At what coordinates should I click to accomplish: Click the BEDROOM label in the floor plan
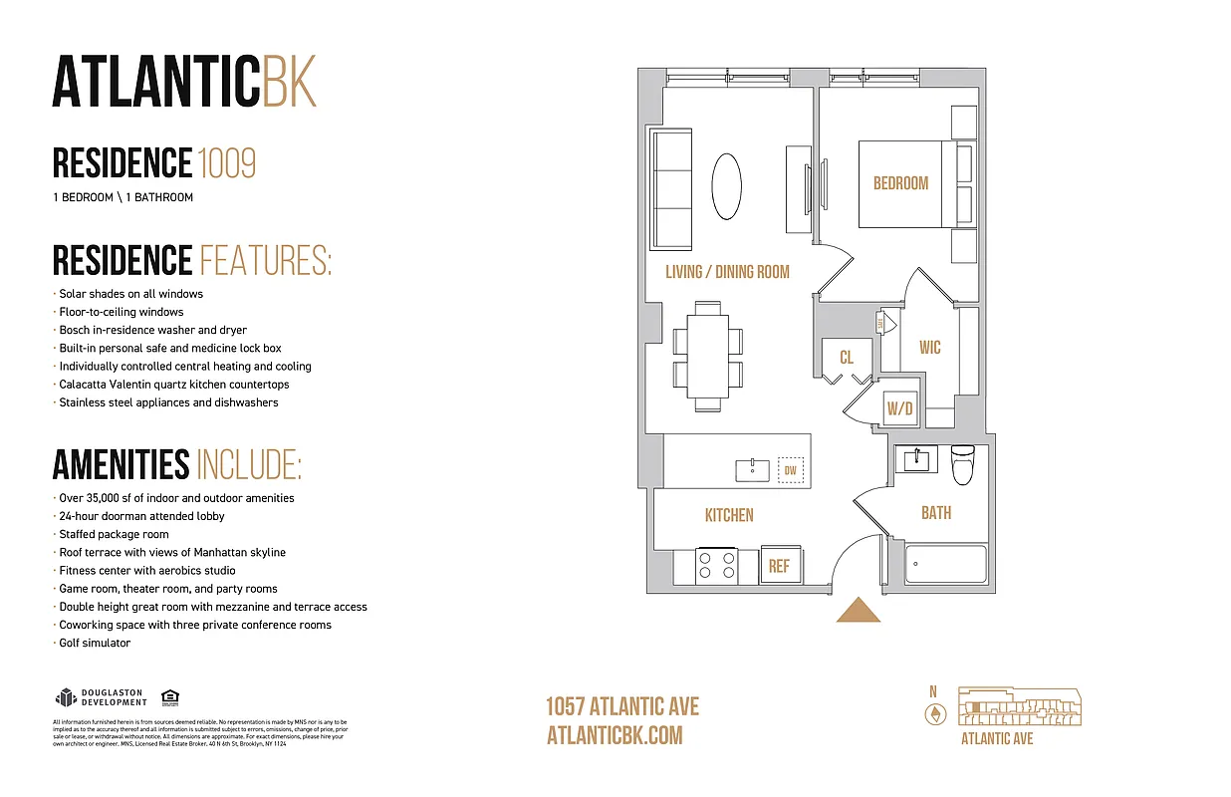pyautogui.click(x=900, y=183)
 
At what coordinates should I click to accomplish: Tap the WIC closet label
pyautogui.click(x=929, y=348)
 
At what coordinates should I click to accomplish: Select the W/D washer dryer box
pyautogui.click(x=900, y=407)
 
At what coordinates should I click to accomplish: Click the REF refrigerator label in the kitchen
pyautogui.click(x=779, y=566)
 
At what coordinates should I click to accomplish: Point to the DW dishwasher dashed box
pyautogui.click(x=790, y=470)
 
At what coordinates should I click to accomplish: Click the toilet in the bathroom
pyautogui.click(x=962, y=465)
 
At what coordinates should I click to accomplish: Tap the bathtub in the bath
pyautogui.click(x=945, y=564)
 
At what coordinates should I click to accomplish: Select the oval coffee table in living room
pyautogui.click(x=726, y=186)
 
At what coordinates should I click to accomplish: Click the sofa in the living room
pyautogui.click(x=671, y=189)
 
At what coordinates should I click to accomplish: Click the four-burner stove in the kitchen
pyautogui.click(x=715, y=566)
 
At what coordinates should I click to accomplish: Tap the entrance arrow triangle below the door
pyautogui.click(x=858, y=610)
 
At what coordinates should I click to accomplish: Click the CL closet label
pyautogui.click(x=846, y=357)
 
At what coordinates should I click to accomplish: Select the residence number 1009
pyautogui.click(x=227, y=162)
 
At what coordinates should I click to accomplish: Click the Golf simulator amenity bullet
pyautogui.click(x=95, y=644)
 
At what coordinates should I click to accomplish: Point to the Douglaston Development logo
pyautogui.click(x=101, y=697)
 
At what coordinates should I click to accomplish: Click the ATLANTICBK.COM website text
pyautogui.click(x=615, y=735)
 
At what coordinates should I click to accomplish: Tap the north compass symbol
pyautogui.click(x=933, y=714)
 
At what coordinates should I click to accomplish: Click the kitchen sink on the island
pyautogui.click(x=752, y=470)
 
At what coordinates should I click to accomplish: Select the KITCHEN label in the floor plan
pyautogui.click(x=729, y=515)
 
